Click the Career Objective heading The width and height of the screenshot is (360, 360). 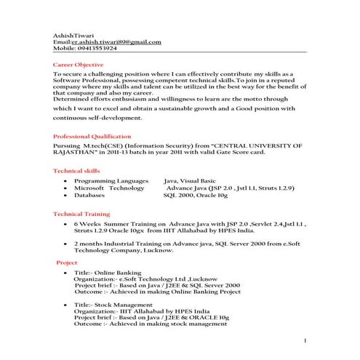(79, 65)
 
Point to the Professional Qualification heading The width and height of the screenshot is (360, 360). (92, 136)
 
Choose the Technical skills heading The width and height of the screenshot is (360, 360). (77, 170)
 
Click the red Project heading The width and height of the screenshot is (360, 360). (67, 262)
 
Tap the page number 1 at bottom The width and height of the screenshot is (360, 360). (305, 340)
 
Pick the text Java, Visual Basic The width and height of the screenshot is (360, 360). (190, 180)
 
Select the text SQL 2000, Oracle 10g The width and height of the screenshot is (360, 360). (196, 196)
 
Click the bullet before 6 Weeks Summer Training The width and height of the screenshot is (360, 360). (66, 225)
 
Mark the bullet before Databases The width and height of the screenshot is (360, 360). (66, 196)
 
